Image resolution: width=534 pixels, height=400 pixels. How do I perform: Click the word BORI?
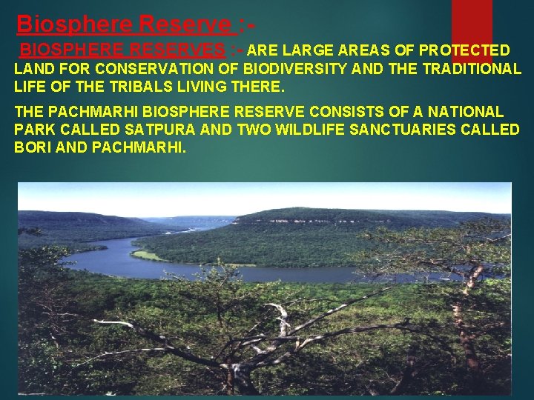[x=33, y=147]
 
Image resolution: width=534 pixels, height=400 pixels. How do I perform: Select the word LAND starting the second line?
[x=33, y=69]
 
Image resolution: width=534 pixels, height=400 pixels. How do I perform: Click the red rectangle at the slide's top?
[x=471, y=22]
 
